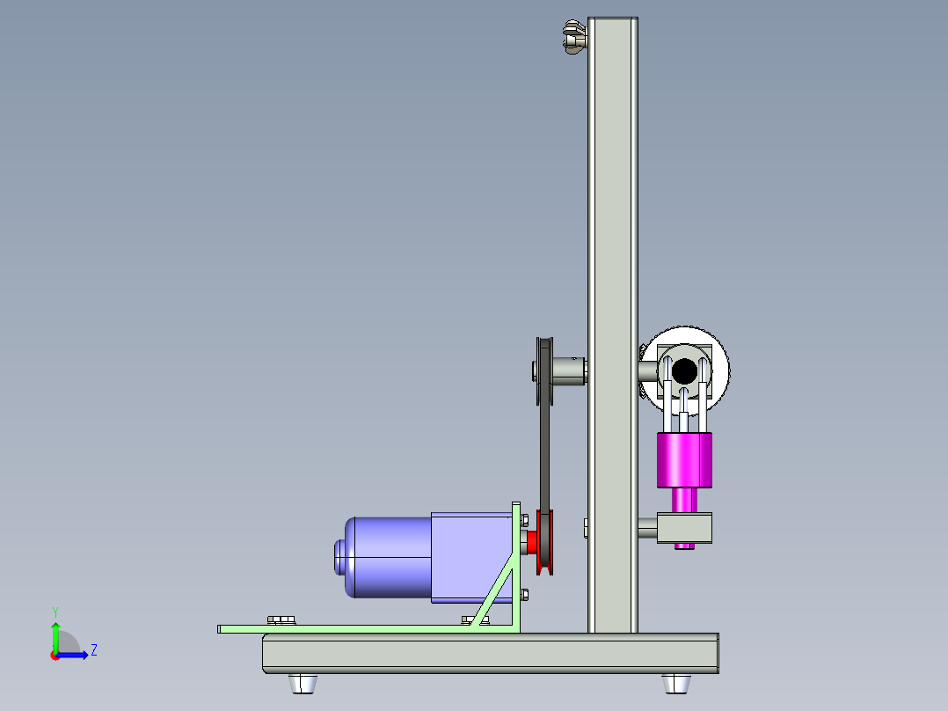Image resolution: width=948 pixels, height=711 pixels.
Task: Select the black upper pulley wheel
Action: pyautogui.click(x=543, y=370)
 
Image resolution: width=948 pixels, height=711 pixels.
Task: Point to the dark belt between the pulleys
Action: pyautogui.click(x=545, y=458)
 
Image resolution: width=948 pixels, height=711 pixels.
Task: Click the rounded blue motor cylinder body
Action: pyautogui.click(x=387, y=557)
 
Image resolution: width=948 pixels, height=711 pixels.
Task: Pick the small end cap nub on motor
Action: pyautogui.click(x=339, y=557)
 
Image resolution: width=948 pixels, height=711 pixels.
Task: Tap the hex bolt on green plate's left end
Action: pyautogui.click(x=281, y=620)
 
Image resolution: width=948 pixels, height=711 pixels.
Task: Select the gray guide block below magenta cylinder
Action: pyautogui.click(x=686, y=528)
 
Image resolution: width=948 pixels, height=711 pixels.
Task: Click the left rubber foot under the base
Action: pyautogui.click(x=303, y=683)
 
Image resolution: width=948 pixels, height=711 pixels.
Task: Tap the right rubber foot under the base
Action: pyautogui.click(x=676, y=683)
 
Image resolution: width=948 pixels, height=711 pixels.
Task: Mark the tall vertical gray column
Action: pyautogui.click(x=613, y=220)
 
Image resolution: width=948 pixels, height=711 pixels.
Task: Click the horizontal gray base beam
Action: pyautogui.click(x=490, y=654)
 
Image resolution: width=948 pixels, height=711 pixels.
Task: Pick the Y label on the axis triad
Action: pyautogui.click(x=55, y=611)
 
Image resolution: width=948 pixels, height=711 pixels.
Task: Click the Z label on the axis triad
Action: pyautogui.click(x=93, y=650)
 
